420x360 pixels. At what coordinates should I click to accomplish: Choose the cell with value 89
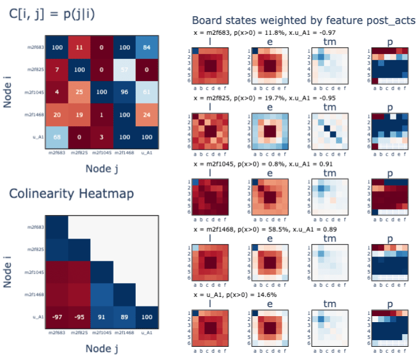[123, 317]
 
